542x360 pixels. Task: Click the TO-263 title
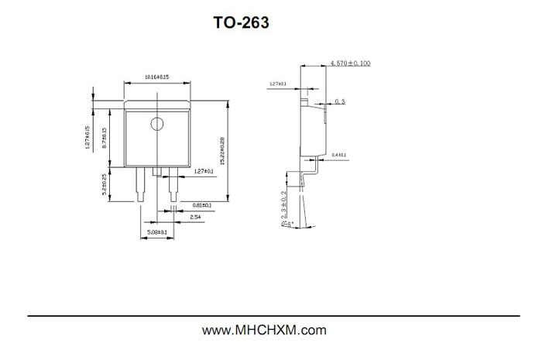(242, 23)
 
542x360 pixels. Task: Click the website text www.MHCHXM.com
(264, 331)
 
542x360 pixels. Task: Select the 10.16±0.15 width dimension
(157, 77)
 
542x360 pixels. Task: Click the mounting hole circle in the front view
(157, 123)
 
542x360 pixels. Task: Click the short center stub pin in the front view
(157, 171)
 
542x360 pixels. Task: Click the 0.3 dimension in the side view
(340, 101)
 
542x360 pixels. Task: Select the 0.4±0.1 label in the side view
(339, 156)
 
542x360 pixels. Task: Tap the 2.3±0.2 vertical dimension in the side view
(284, 203)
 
